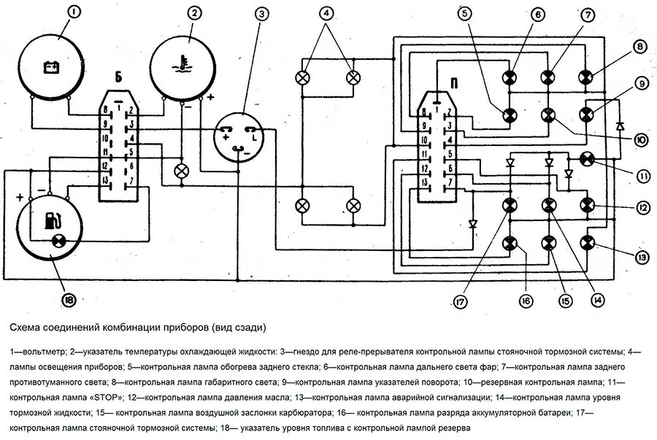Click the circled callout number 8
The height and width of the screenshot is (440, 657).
pos(639,47)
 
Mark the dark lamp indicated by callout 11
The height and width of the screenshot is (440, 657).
pos(585,158)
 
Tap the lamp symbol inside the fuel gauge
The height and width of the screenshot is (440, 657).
pos(55,240)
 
